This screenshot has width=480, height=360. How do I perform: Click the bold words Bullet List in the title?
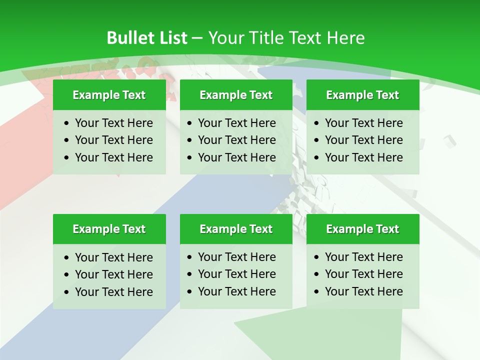coord(147,38)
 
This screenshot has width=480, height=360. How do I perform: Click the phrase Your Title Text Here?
coord(286,38)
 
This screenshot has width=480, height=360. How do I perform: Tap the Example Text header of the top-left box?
coord(109,95)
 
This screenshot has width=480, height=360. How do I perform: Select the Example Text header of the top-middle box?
coord(236,95)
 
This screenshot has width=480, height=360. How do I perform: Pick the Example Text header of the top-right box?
coord(362,95)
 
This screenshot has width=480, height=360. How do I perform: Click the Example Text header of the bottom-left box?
coord(109,229)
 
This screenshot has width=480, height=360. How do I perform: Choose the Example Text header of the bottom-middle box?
coord(236,229)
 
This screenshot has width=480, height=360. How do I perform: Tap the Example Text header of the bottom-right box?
coord(362,229)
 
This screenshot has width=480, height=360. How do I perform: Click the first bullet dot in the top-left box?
coord(67,123)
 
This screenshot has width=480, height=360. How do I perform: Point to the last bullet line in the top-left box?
coord(113,157)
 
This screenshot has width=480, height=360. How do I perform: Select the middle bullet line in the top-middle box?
coord(236,140)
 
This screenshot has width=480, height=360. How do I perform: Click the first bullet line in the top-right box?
coord(363,123)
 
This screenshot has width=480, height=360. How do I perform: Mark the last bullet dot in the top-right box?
coord(317,158)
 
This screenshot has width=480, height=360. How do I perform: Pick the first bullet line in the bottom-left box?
coord(113,257)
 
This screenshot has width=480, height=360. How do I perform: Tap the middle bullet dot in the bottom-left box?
coord(67,275)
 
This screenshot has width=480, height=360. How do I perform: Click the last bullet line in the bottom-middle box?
coord(236,291)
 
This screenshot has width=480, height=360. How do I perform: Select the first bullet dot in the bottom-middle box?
coord(190,257)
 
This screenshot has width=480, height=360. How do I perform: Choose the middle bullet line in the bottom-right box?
coord(363,274)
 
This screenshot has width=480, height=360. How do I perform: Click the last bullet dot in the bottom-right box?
coord(317,292)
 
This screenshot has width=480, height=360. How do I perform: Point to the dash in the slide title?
coord(197,38)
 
